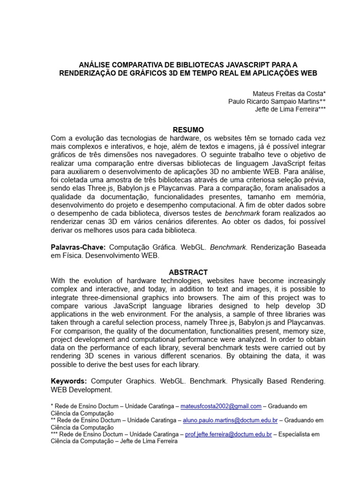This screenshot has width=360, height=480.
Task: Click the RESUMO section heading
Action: coord(188,130)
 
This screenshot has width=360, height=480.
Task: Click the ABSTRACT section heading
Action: coord(188,272)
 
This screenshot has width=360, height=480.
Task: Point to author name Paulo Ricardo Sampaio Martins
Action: coord(277,101)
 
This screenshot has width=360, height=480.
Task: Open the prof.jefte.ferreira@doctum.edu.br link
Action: coord(228,435)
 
